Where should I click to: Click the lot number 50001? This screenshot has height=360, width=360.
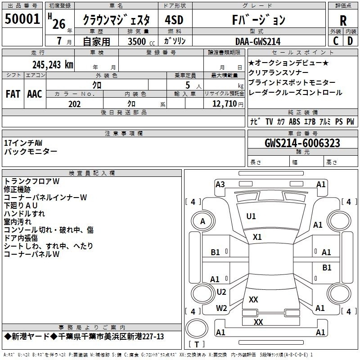pyautogui.click(x=22, y=19)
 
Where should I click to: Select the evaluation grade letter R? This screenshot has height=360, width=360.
pyautogui.click(x=343, y=21)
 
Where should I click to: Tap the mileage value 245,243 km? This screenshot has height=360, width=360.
pyautogui.click(x=53, y=65)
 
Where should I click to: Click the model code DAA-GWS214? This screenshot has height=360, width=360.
pyautogui.click(x=258, y=41)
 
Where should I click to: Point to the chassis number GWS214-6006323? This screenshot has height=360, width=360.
pyautogui.click(x=302, y=143)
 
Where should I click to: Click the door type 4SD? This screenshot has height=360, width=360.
pyautogui.click(x=174, y=20)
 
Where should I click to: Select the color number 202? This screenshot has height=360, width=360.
pyautogui.click(x=74, y=104)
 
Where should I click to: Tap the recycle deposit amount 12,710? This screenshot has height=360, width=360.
pyautogui.click(x=224, y=104)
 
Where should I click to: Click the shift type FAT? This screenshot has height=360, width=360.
pyautogui.click(x=13, y=94)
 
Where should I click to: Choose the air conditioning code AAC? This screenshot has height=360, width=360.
pyautogui.click(x=35, y=94)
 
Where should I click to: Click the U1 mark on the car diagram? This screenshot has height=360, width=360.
pyautogui.click(x=251, y=216)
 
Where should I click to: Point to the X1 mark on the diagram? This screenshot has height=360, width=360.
pyautogui.click(x=257, y=237)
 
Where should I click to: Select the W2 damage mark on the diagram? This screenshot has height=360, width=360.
pyautogui.click(x=221, y=308)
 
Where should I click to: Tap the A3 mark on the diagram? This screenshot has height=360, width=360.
pyautogui.click(x=220, y=184)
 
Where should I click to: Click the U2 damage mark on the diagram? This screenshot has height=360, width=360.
pyautogui.click(x=221, y=292)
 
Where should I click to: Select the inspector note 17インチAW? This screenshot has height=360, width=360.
pyautogui.click(x=23, y=143)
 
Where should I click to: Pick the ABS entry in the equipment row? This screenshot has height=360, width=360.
pyautogui.click(x=294, y=121)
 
